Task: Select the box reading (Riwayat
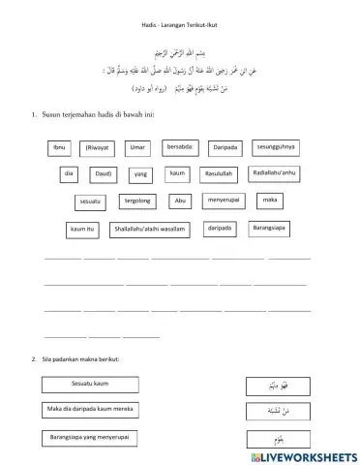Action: [x=97, y=147]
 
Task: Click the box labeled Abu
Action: [x=180, y=201]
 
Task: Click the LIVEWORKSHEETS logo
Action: [x=298, y=454]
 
